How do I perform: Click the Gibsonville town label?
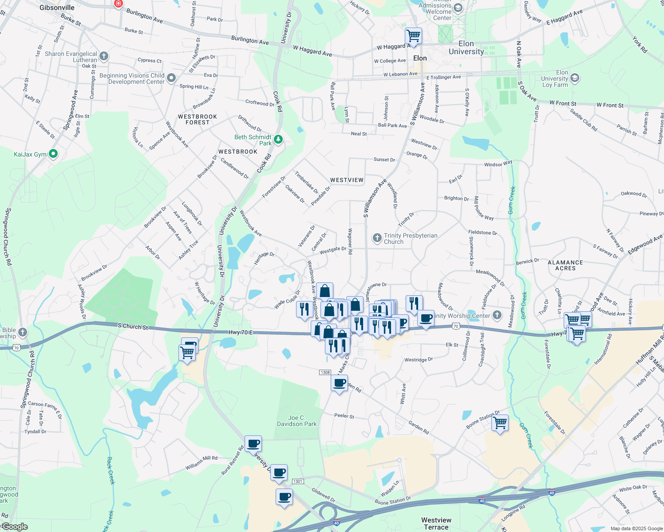click(57, 8)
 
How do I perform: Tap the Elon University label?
click(466, 47)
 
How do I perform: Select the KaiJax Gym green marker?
click(53, 154)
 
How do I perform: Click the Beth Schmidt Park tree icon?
click(278, 140)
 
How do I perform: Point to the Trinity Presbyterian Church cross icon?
click(377, 239)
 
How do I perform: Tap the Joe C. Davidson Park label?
click(296, 421)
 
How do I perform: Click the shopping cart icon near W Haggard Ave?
click(413, 35)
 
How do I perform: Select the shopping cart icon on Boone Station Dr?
click(500, 423)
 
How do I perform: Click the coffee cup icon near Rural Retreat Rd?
click(253, 443)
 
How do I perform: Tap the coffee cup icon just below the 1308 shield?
click(340, 383)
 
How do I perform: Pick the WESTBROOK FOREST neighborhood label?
click(198, 119)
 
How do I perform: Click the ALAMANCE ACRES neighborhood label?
click(565, 265)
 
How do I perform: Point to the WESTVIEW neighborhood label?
click(347, 180)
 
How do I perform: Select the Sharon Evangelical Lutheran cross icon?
click(104, 56)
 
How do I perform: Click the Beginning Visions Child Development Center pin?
click(171, 78)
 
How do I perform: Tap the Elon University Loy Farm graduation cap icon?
click(574, 78)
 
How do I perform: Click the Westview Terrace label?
click(436, 524)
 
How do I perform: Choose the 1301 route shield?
click(297, 481)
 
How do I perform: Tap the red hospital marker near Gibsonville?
click(118, 4)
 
